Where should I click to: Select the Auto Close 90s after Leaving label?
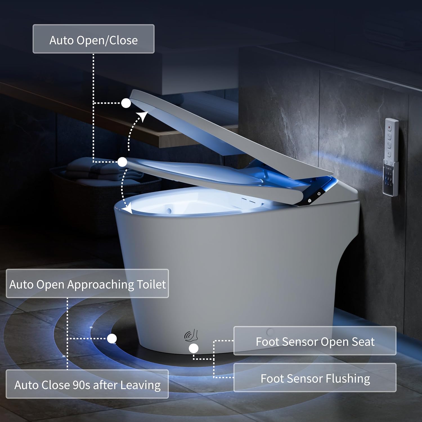[87, 384]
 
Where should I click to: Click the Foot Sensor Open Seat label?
[315, 341]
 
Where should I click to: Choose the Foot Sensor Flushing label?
[315, 378]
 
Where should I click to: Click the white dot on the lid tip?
[126, 103]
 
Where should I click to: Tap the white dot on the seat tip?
[122, 162]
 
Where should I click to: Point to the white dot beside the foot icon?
[194, 349]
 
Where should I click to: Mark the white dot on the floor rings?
[112, 338]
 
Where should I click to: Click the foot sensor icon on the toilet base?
[192, 335]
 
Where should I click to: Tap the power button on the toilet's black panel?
[319, 194]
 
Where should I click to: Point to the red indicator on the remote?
[389, 127]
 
